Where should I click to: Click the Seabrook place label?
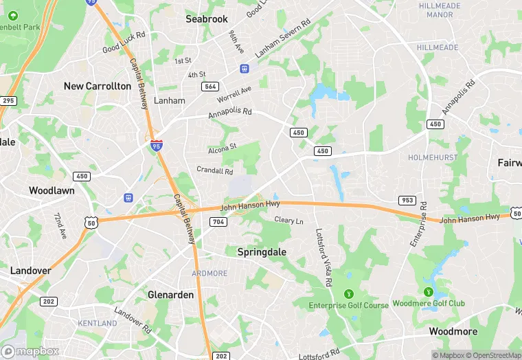coord(207,19)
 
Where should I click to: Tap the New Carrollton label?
coord(97,86)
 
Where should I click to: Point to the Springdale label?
coord(262,252)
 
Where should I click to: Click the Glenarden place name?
coord(170,295)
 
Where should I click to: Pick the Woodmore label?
coord(453,331)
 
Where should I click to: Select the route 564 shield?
coord(210,86)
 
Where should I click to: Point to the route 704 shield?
coord(218,221)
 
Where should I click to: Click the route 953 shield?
coord(407,201)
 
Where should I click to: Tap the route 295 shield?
coord(8,101)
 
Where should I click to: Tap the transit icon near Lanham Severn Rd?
coord(243,68)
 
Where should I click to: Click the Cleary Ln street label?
coord(288,221)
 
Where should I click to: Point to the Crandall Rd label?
coord(214,170)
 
